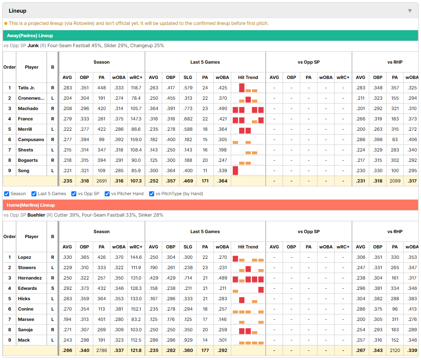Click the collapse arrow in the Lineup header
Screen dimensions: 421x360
pos(410,11)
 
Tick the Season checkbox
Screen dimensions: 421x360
pos(7,194)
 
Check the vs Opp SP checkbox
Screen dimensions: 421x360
pos(74,194)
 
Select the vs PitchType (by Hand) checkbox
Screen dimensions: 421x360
pos(152,194)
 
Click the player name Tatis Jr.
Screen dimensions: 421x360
pos(26,88)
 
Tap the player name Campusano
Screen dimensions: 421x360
pos(31,140)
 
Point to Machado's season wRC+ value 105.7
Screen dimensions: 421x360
pos(136,108)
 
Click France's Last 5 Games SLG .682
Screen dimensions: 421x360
pos(188,119)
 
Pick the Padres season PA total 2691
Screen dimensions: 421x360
pos(102,181)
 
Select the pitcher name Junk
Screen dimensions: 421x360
pos(33,46)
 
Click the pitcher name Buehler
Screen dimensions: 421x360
pos(36,215)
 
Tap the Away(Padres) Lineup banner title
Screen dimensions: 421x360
pos(30,36)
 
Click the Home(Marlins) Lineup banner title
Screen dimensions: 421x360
pos(31,205)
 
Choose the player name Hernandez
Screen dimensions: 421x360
pos(30,278)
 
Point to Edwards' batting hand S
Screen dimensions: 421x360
pos(53,288)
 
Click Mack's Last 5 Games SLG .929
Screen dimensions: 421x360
pos(188,340)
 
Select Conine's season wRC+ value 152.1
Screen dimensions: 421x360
pos(136,309)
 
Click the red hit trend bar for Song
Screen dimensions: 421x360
pos(235,171)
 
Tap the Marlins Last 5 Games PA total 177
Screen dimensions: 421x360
pos(205,350)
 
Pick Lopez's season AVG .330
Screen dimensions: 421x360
pos(67,257)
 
